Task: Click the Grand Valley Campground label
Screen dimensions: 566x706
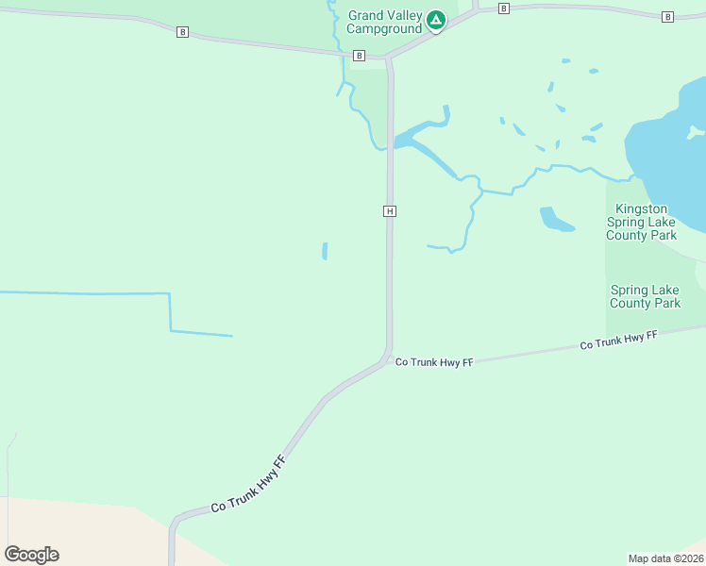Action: click(384, 22)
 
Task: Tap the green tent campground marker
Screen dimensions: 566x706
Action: click(435, 20)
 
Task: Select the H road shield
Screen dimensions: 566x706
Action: click(389, 211)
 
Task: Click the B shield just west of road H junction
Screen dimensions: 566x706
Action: click(359, 56)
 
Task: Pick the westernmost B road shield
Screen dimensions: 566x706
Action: click(182, 32)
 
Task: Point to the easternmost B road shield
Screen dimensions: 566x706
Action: click(667, 17)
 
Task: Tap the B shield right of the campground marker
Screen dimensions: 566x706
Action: click(504, 8)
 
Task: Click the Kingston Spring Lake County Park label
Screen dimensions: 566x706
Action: click(641, 222)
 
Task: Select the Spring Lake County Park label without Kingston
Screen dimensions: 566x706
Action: click(645, 296)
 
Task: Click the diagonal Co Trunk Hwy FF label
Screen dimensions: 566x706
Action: click(248, 485)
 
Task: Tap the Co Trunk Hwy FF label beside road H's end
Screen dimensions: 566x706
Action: click(433, 361)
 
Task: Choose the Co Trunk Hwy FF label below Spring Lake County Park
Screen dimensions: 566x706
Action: click(618, 341)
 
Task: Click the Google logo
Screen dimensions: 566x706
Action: click(31, 554)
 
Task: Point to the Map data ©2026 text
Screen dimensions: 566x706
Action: click(665, 558)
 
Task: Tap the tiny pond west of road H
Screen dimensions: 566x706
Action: click(325, 251)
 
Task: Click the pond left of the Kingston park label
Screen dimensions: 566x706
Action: click(554, 220)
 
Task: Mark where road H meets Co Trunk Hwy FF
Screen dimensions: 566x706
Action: click(387, 356)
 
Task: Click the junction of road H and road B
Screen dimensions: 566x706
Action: click(388, 58)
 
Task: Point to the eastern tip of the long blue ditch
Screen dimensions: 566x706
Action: click(231, 335)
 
